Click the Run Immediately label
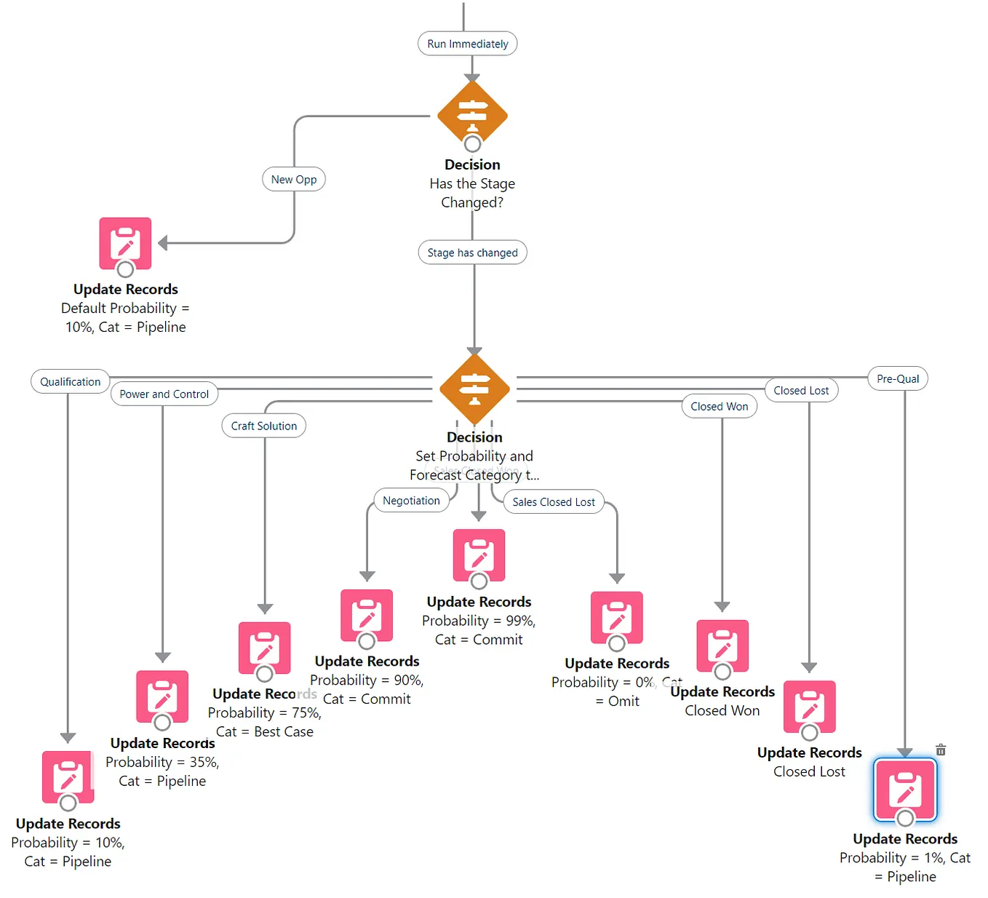click(x=467, y=44)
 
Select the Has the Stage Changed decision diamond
click(x=472, y=114)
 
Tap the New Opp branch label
click(x=294, y=179)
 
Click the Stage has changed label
click(x=472, y=253)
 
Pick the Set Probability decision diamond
click(x=474, y=387)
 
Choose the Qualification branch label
click(x=70, y=381)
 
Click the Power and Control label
click(x=164, y=394)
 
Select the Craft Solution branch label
click(x=263, y=426)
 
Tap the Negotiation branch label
click(x=411, y=501)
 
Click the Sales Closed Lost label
click(x=553, y=502)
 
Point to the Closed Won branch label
click(x=719, y=406)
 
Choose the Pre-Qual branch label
click(x=898, y=378)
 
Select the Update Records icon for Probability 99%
click(x=479, y=555)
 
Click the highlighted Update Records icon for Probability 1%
click(x=905, y=790)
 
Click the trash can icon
click(x=941, y=750)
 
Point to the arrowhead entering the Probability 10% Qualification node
click(x=68, y=738)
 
